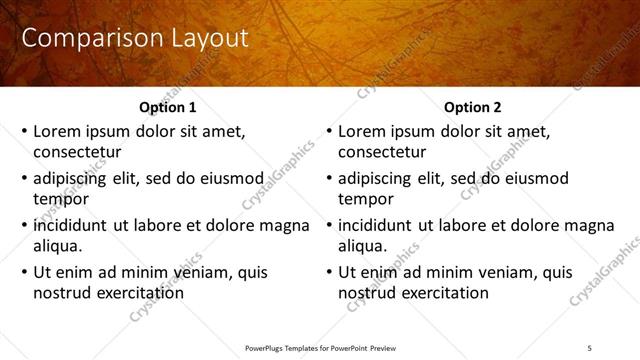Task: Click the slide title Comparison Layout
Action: coord(135,39)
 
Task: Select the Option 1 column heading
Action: coord(166,107)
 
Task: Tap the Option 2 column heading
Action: coord(473,107)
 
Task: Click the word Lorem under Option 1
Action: coord(58,131)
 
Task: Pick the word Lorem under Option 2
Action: coord(363,131)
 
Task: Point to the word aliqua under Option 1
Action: coord(56,246)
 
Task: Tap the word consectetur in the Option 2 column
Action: coord(381,152)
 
